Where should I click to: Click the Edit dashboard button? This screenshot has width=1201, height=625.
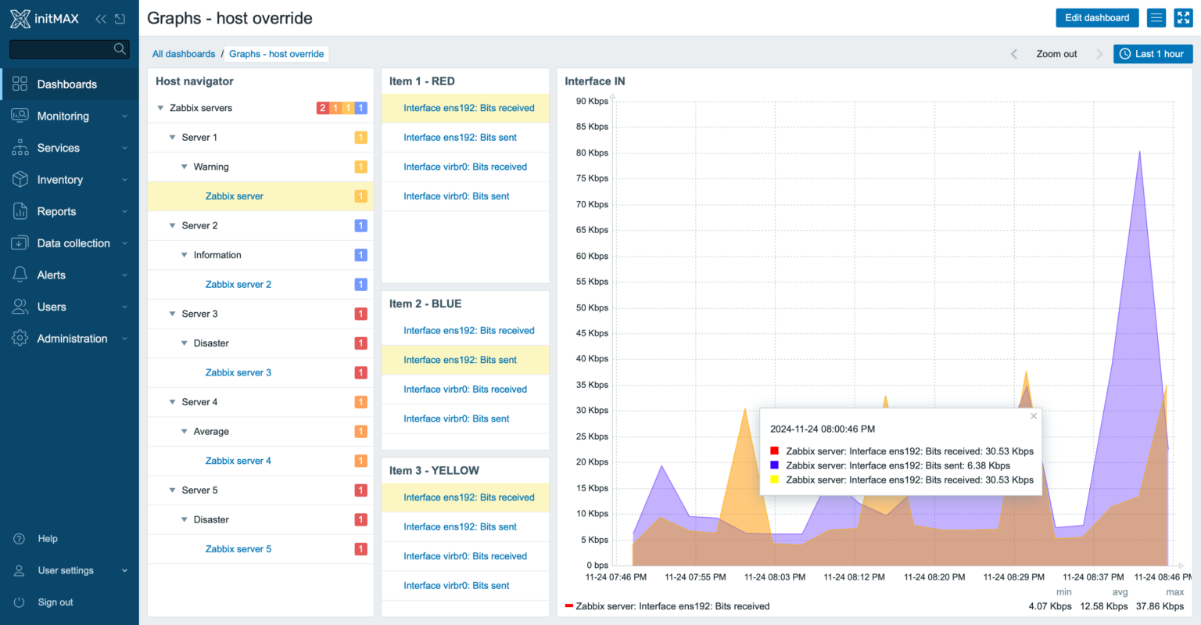pos(1096,18)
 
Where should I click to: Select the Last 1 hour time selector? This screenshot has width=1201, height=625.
pos(1153,54)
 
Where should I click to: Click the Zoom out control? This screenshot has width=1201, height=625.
pos(1056,54)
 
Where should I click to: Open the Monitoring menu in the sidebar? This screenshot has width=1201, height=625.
pos(63,116)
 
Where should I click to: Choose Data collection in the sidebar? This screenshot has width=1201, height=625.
pos(73,243)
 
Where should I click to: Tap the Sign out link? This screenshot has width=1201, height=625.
pos(56,602)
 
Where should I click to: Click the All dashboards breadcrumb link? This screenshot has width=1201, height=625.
pos(184,54)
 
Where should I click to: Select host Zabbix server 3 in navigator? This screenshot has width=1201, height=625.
pos(238,372)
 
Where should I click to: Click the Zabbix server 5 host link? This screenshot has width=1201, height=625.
pos(238,549)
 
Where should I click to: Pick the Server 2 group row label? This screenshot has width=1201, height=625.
pos(199,225)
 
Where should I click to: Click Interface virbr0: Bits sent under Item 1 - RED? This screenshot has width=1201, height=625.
pos(456,196)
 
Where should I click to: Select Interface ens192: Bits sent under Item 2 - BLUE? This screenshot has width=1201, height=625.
pos(460,360)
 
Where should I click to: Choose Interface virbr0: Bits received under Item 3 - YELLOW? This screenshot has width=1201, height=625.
pos(465,556)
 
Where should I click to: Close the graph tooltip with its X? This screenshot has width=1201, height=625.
pos(1034,416)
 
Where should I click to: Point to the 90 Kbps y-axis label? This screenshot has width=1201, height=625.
pos(592,101)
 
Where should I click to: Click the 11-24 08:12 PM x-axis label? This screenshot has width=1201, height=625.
pos(854,577)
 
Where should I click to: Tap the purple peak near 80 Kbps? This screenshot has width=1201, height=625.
pos(1139,153)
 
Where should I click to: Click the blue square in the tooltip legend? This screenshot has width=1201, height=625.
pos(774,465)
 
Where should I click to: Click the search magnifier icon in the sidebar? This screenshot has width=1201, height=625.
pos(120,48)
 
